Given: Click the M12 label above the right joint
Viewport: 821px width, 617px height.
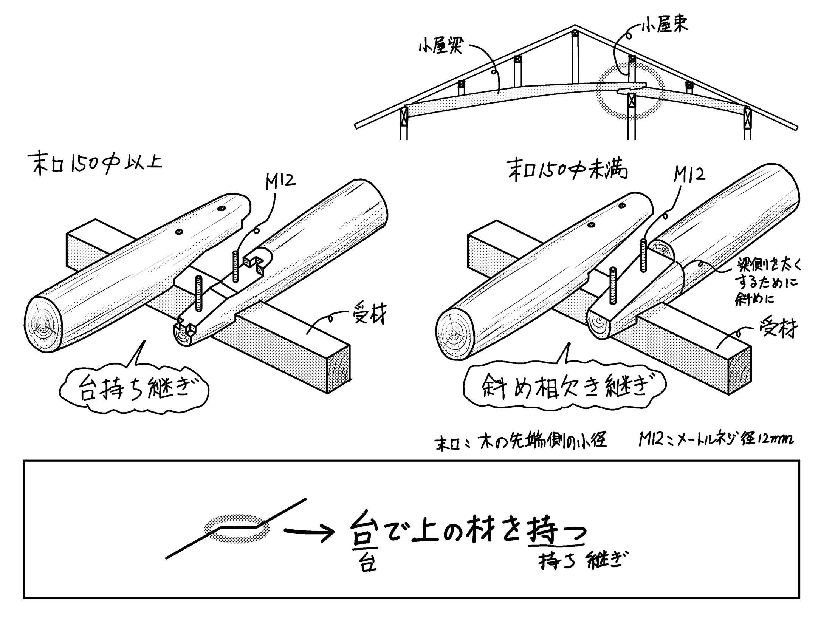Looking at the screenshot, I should coord(689,175).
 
